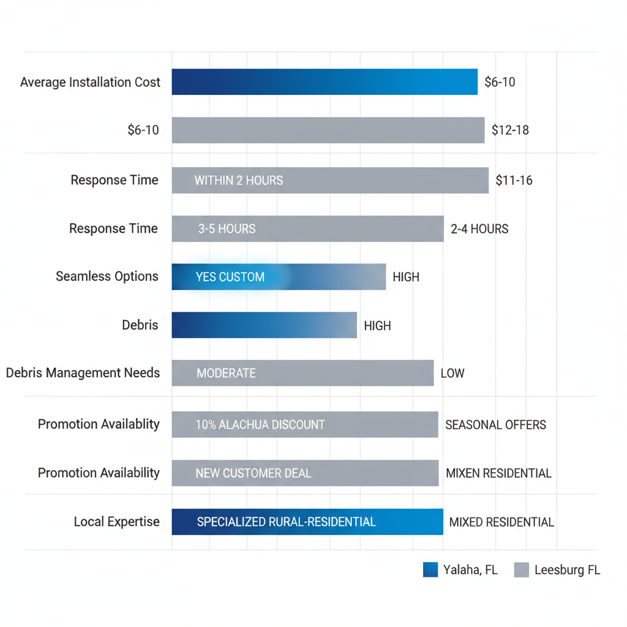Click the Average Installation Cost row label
[x=90, y=82]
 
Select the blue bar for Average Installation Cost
[x=324, y=82]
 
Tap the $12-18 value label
[x=510, y=130]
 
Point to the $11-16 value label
[x=514, y=180]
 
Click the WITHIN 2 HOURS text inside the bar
[x=239, y=181]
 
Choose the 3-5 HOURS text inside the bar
[x=227, y=229]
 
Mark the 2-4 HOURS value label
[x=479, y=229]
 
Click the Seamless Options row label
[x=107, y=276]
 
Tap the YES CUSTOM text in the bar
[x=230, y=277]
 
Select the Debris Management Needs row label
[x=83, y=373]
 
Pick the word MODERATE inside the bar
[x=226, y=374]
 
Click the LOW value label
[x=452, y=374]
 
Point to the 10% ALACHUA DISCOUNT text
[x=260, y=424]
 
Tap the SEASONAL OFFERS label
[x=495, y=424]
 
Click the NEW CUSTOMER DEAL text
[x=253, y=473]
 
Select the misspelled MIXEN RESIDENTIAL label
[x=498, y=473]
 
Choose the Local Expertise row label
[x=116, y=522]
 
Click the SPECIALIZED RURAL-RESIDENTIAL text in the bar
[x=286, y=522]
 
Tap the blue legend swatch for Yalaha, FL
[x=430, y=570]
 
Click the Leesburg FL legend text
[x=567, y=570]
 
